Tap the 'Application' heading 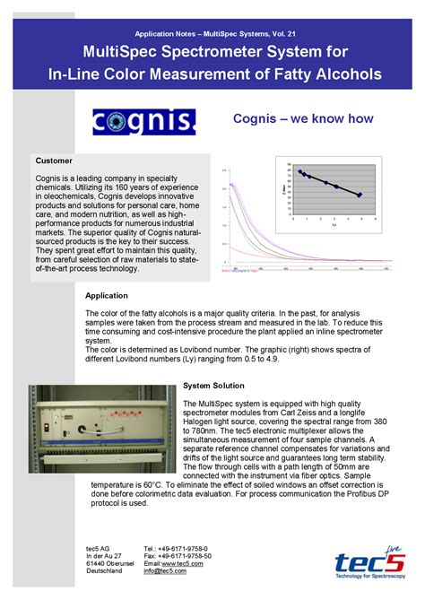[107, 295]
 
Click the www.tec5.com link [195, 562]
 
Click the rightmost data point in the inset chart [360, 195]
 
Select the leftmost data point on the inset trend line [300, 171]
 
